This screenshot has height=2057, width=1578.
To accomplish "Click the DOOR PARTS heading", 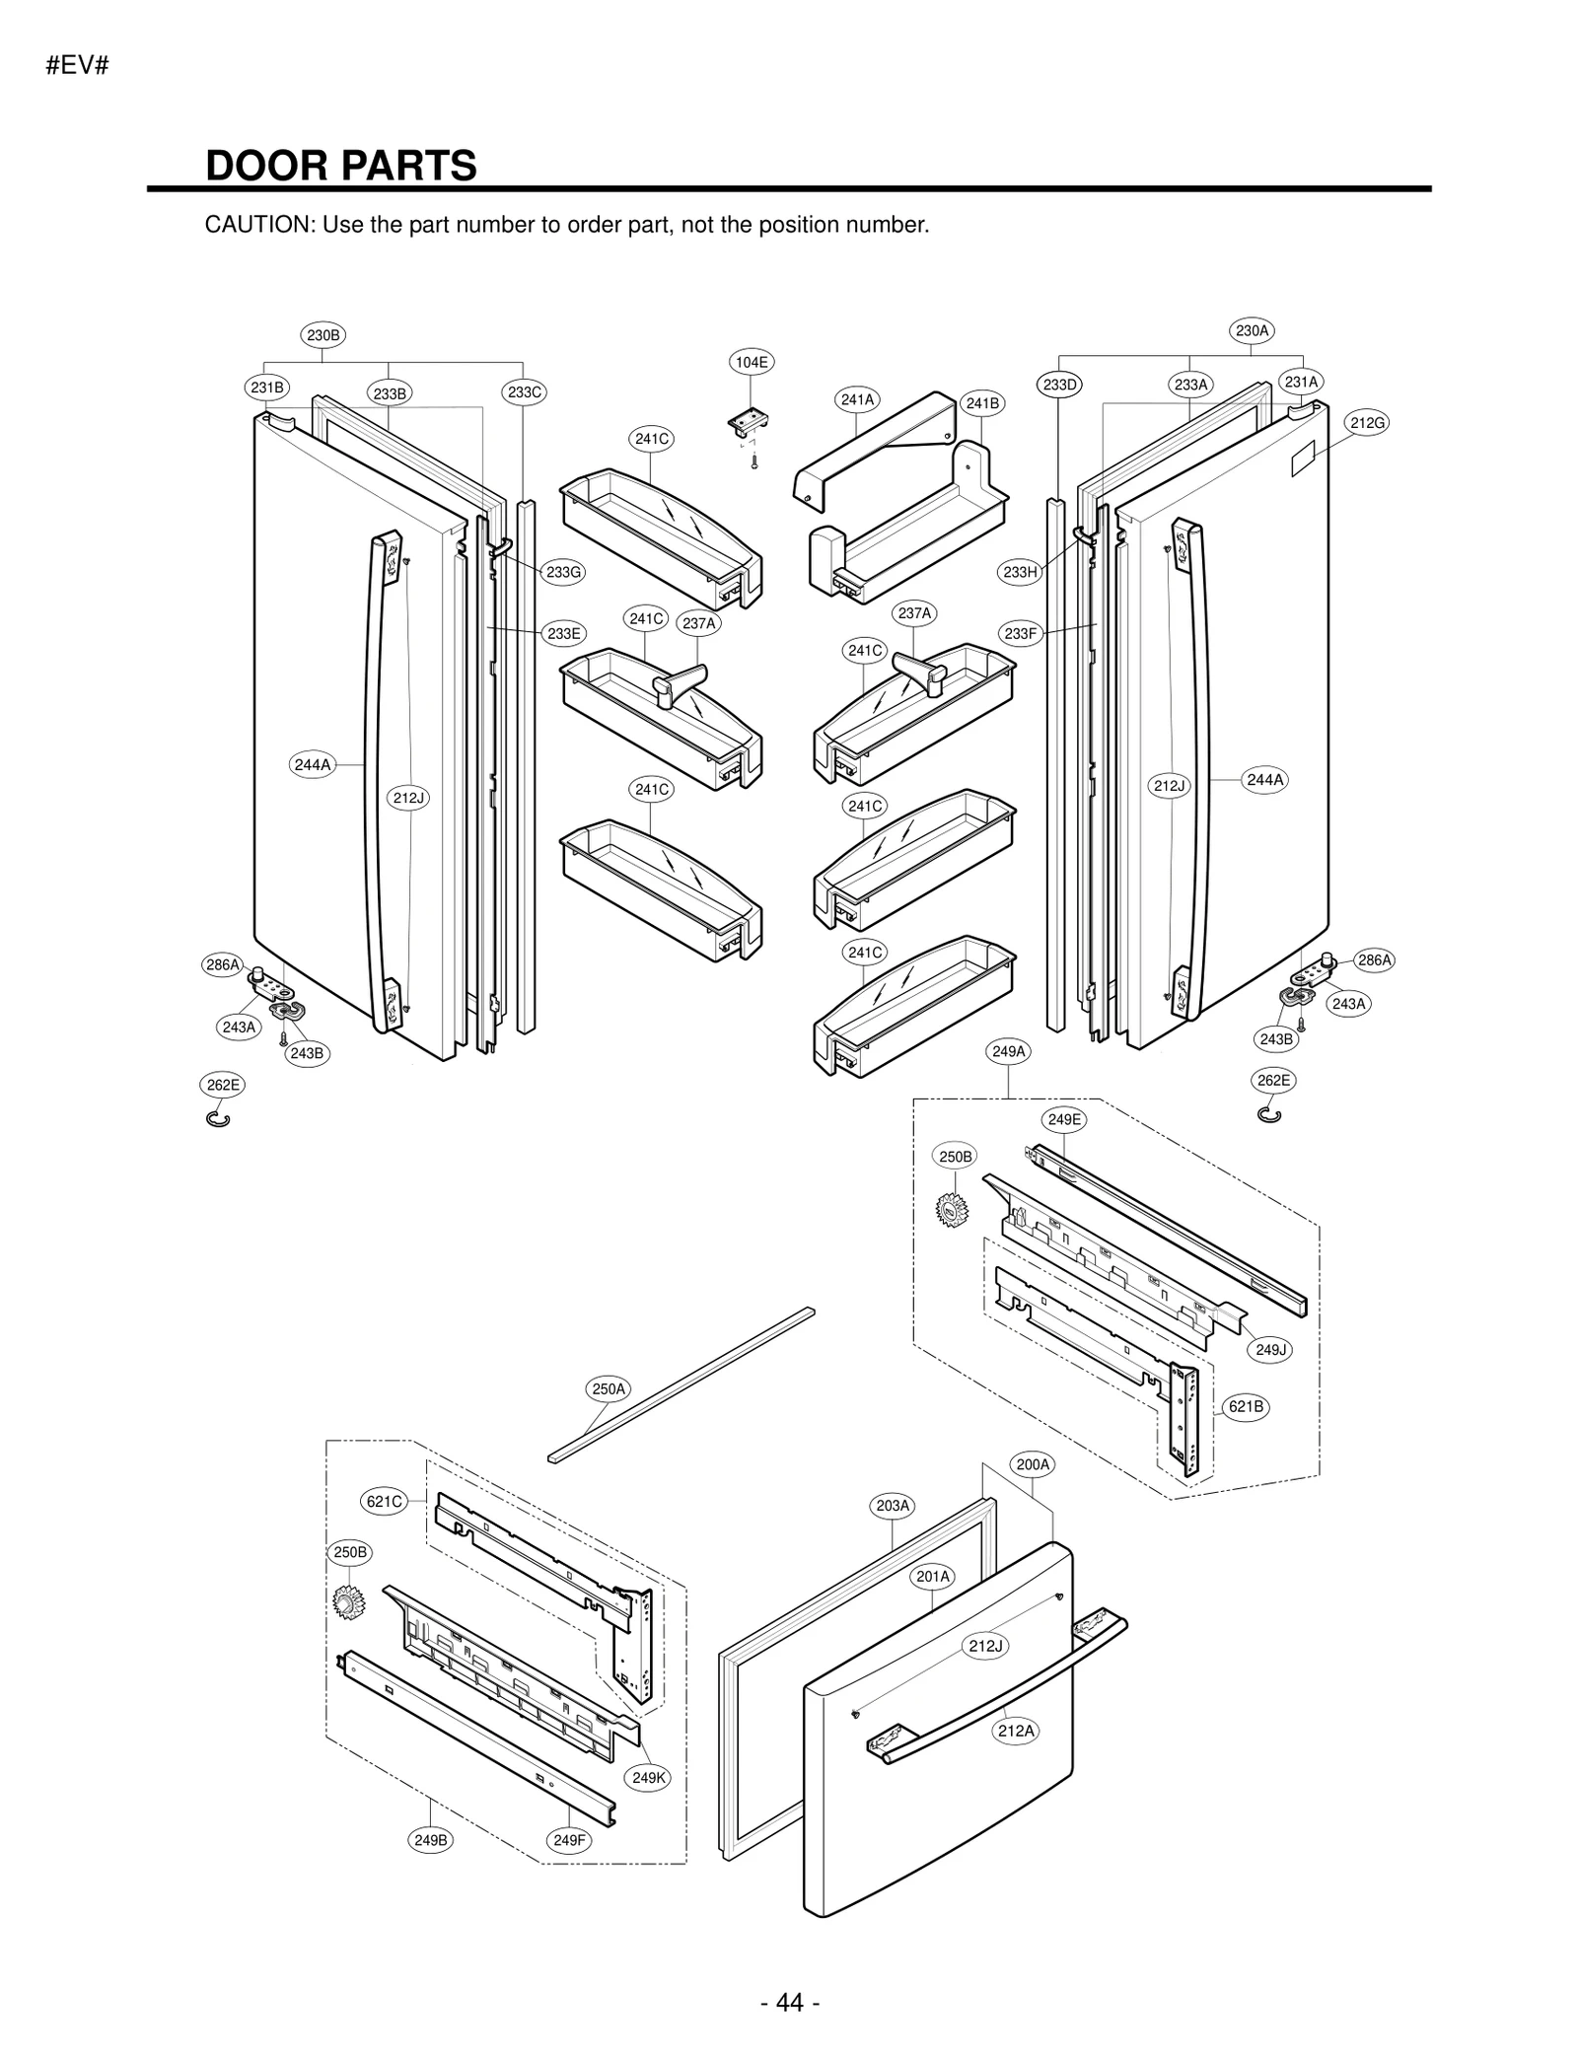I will point(340,166).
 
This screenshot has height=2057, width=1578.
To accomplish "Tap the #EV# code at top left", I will point(77,66).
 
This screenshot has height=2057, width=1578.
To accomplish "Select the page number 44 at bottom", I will point(790,2001).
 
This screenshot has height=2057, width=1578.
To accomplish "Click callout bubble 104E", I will point(752,362).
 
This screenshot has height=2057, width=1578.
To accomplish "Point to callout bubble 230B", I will point(323,335).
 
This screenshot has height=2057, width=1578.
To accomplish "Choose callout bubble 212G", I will point(1368,423).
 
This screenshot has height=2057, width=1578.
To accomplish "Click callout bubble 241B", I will point(982,403).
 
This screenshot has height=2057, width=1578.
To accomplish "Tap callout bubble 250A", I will point(609,1389).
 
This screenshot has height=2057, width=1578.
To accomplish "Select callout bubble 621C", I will point(385,1502).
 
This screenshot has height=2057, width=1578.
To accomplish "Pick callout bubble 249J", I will point(1271,1350).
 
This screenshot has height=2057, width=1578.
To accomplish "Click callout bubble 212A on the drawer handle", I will point(1016,1731).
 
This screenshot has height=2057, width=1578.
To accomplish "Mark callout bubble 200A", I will point(1033,1464).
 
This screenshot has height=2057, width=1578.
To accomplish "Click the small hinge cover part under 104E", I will point(750,423).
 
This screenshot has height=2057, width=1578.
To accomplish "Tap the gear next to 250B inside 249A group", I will point(952,1210).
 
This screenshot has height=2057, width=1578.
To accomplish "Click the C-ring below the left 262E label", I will point(218,1118).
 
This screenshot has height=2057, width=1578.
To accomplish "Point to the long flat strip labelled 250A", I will point(681,1384).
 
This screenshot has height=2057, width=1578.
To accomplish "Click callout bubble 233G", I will point(564,572).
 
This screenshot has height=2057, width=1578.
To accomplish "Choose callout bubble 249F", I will point(569,1840).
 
